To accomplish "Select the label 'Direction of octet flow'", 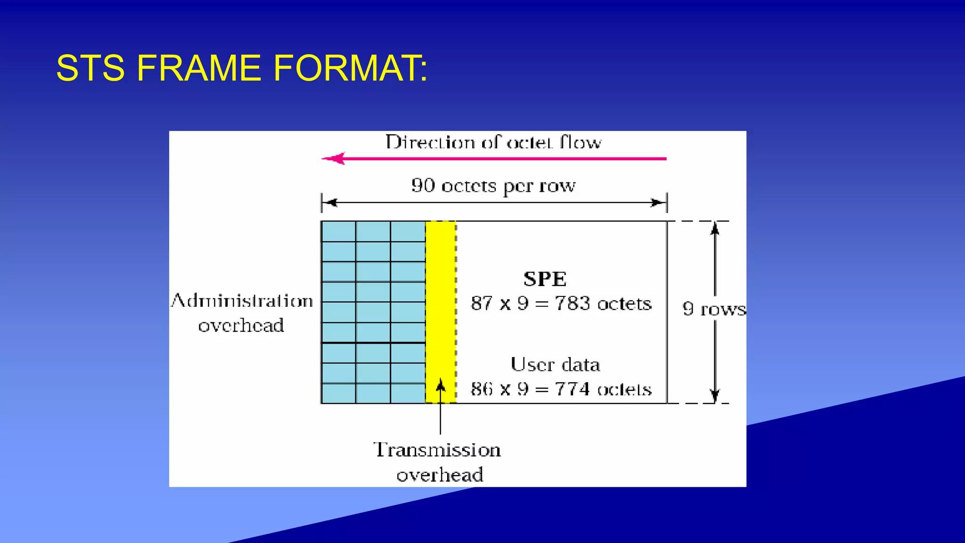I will (x=493, y=142).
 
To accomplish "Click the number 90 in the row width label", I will (x=423, y=185).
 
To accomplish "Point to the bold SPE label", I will (x=545, y=279).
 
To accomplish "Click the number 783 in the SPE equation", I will (x=572, y=304).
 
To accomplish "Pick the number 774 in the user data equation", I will (x=572, y=389).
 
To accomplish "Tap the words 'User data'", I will (x=555, y=365).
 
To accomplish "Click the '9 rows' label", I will (x=714, y=309).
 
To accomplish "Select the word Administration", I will (x=242, y=301).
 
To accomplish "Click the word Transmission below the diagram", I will (x=437, y=450).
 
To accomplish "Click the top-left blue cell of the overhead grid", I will (x=338, y=231).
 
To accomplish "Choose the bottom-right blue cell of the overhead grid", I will (x=408, y=394).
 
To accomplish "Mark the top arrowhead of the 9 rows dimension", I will (x=715, y=228).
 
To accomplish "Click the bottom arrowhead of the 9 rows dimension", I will (x=715, y=396).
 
